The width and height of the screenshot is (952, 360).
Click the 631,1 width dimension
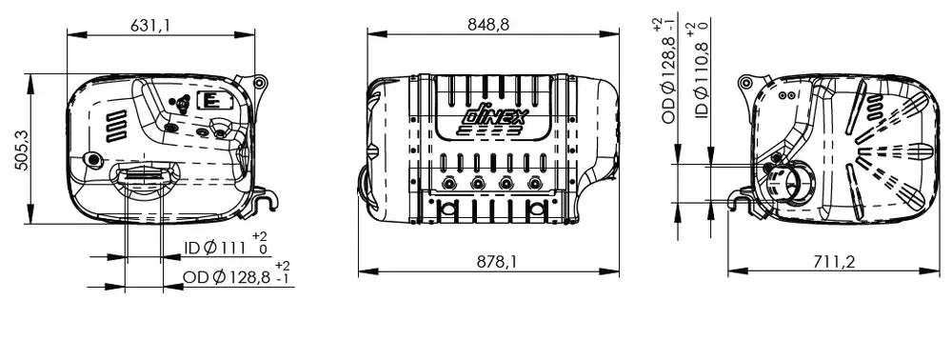(x=150, y=25)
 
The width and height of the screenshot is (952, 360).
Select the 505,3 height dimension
(x=22, y=150)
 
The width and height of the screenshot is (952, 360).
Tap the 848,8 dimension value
(x=488, y=24)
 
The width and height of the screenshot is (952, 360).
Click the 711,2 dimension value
(x=834, y=262)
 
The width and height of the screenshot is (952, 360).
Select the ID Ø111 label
(x=214, y=248)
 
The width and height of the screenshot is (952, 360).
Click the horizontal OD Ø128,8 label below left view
(x=227, y=277)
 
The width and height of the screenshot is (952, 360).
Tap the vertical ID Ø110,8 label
(x=702, y=80)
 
